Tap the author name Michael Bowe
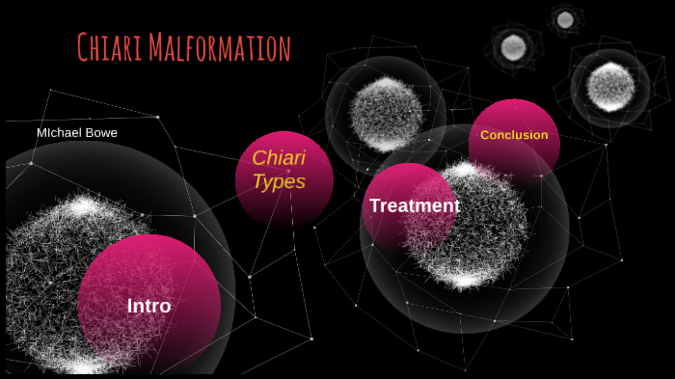click(x=77, y=132)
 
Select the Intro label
click(x=148, y=306)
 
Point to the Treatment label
click(x=415, y=205)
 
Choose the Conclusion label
click(x=514, y=135)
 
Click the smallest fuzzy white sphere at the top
click(x=564, y=18)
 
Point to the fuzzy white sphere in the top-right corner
click(x=609, y=85)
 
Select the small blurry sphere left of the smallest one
click(x=513, y=45)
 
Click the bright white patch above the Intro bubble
click(x=84, y=205)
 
